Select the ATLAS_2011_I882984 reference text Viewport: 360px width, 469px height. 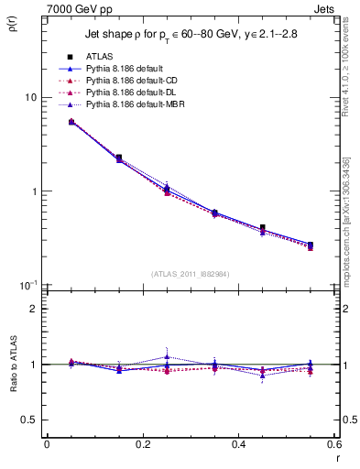coord(190,273)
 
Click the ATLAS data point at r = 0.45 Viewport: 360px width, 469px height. coord(263,227)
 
